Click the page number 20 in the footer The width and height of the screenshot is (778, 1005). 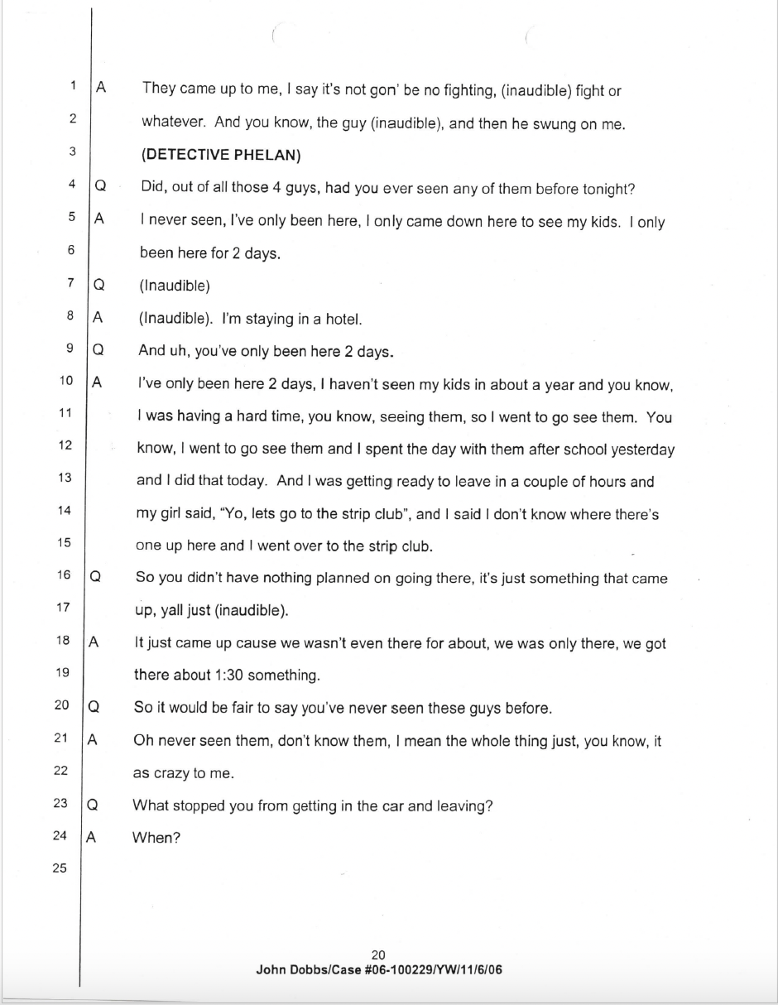tap(379, 955)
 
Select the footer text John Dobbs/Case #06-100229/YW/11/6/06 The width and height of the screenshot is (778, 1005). tap(379, 969)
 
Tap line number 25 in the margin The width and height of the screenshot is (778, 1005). tap(60, 868)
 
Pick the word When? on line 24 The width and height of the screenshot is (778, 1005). tap(156, 837)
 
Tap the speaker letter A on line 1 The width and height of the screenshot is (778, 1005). tap(100, 87)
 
